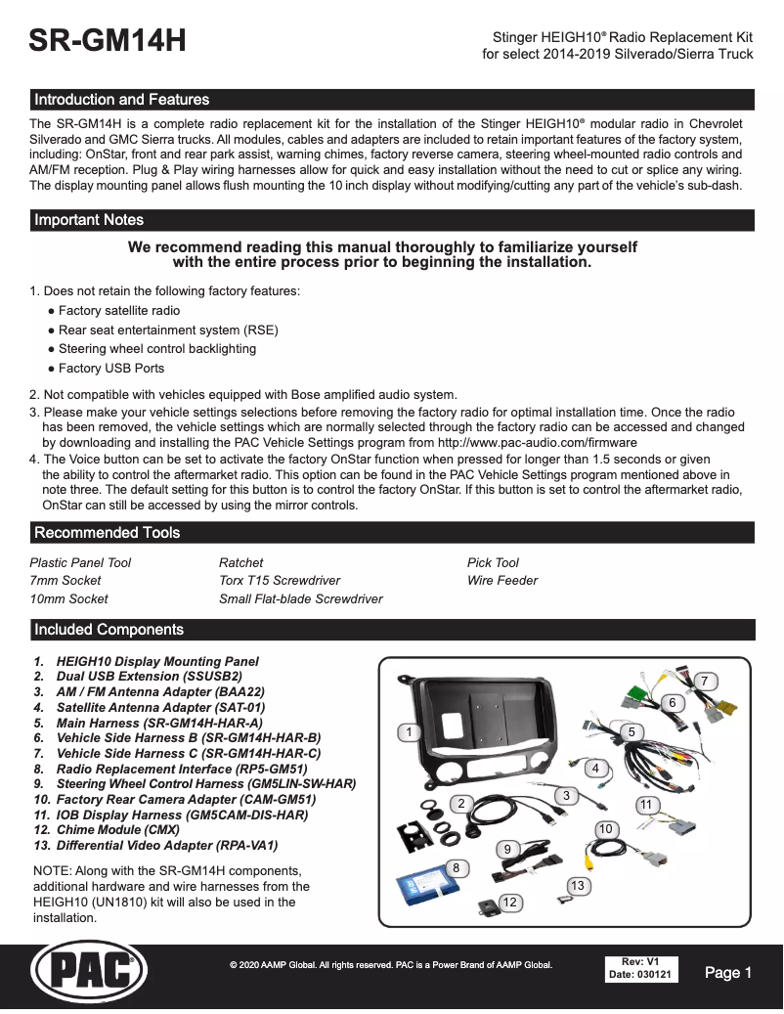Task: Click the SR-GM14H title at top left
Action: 108,41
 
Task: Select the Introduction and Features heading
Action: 121,100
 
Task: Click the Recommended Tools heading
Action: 108,533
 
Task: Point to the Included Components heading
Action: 109,630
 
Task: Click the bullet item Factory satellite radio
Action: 118,311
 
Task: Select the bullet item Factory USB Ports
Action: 110,369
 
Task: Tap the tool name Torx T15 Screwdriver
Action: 280,581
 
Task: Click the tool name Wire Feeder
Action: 502,581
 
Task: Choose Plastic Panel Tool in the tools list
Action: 80,563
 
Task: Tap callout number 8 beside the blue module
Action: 456,867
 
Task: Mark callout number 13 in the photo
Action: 578,885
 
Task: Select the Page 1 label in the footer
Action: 727,973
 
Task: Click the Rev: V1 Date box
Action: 640,969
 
